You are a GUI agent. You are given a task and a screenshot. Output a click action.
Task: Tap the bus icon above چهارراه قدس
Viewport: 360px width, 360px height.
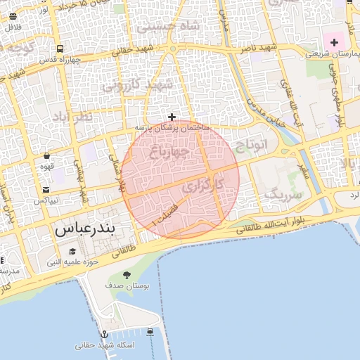point(60,49)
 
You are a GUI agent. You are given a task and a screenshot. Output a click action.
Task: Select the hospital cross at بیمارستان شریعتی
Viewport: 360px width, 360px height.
point(334,44)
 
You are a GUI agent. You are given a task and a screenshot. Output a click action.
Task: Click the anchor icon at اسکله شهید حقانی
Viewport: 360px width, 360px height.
point(105,334)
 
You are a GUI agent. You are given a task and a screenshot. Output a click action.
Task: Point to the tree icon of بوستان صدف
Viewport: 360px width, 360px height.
point(127,274)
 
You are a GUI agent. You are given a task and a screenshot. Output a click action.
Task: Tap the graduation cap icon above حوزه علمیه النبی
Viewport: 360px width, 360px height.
point(72,251)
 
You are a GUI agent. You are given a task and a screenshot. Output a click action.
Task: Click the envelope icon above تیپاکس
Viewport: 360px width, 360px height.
point(46,190)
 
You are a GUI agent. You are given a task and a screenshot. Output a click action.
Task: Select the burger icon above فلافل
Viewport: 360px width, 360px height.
point(13,16)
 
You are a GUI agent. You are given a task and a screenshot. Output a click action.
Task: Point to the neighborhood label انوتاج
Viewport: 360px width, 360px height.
point(252,146)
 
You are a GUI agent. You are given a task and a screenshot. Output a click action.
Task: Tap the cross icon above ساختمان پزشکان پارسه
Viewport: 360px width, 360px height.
point(172,117)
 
